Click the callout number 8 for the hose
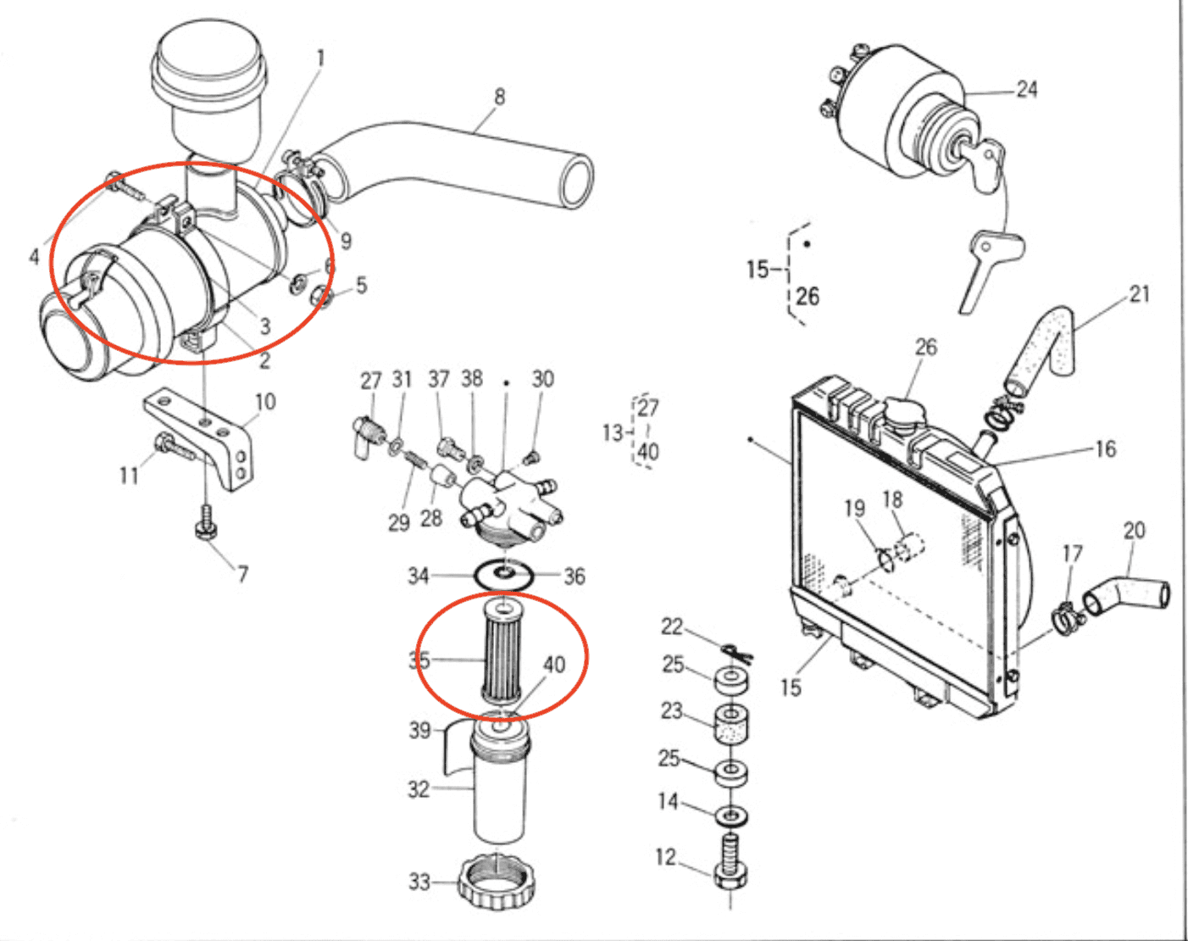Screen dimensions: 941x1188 point(499,97)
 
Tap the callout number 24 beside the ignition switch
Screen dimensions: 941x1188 point(1027,89)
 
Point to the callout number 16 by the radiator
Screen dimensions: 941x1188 point(1106,449)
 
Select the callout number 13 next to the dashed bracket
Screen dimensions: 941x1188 point(612,433)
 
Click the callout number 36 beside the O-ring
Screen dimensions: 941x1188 point(575,576)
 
